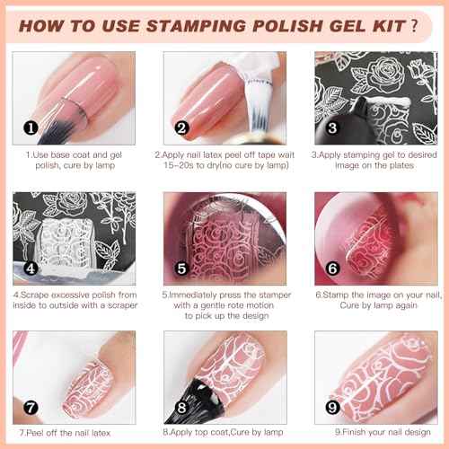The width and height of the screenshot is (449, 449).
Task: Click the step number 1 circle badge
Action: [x=31, y=128]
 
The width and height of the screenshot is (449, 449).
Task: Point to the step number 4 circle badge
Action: [x=31, y=267]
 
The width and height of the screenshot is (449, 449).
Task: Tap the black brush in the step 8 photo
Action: [x=199, y=395]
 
